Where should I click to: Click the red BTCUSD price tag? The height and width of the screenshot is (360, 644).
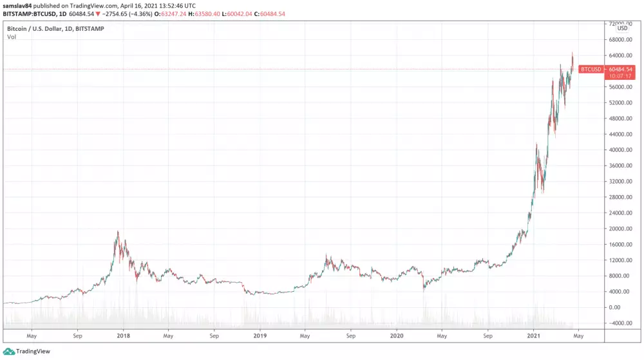tap(591, 69)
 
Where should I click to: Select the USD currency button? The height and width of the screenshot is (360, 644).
tap(622, 28)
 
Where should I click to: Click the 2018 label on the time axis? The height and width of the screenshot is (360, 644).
tap(124, 336)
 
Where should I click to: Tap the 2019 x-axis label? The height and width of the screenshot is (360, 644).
tap(260, 336)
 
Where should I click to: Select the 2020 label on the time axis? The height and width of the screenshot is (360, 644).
tap(397, 336)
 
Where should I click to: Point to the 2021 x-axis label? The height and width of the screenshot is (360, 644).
tap(533, 336)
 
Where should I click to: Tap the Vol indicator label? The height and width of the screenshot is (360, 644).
tap(12, 37)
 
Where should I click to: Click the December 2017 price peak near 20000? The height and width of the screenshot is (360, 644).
tap(117, 232)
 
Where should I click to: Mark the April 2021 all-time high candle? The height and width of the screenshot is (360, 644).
tap(573, 54)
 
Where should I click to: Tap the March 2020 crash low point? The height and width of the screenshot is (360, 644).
tap(424, 290)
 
